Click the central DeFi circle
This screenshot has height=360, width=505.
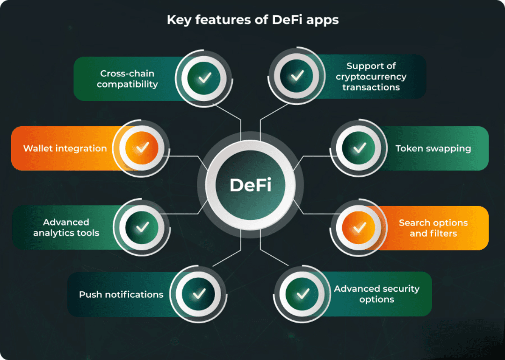[x=251, y=186]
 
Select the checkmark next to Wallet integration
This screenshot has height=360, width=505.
[x=142, y=148]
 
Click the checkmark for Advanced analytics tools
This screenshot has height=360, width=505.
[x=142, y=227]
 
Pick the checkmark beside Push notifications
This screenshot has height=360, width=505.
[x=199, y=294]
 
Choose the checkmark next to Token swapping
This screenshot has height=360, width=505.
[x=359, y=148]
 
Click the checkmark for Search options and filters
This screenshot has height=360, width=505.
[x=359, y=228]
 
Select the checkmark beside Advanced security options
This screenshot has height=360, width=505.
[x=303, y=294]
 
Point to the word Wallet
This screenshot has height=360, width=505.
[x=38, y=149]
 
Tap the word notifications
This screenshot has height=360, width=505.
[x=135, y=295]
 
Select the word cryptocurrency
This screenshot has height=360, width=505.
[x=371, y=77]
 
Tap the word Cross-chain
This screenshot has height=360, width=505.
[x=127, y=73]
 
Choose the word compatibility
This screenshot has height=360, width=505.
[x=127, y=85]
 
